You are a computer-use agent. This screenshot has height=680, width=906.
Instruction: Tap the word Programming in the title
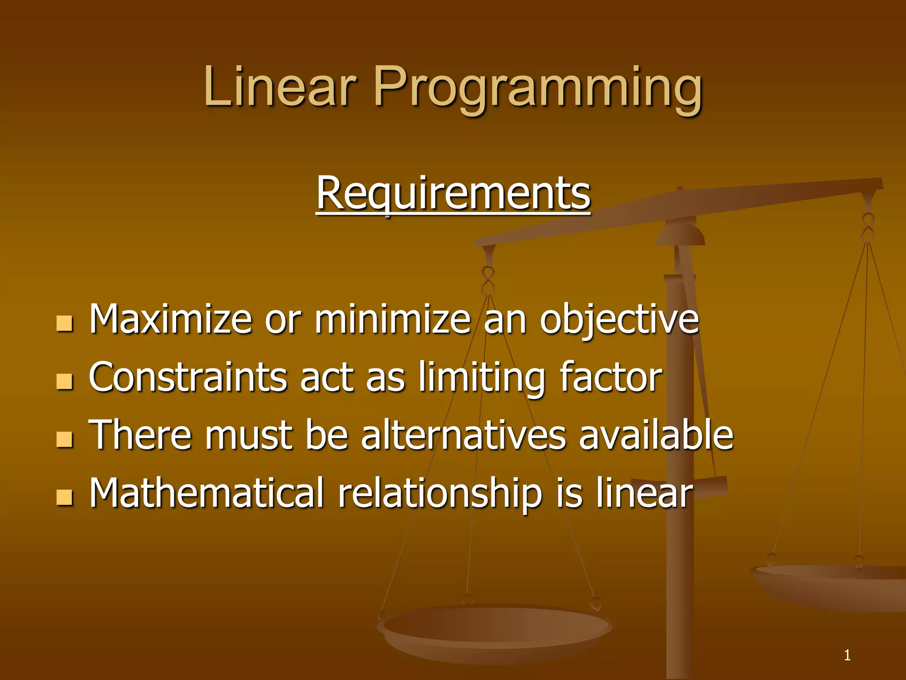tap(538, 89)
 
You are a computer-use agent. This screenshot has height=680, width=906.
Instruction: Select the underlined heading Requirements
tap(453, 194)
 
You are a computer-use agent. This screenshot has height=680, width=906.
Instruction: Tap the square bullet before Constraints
tap(65, 382)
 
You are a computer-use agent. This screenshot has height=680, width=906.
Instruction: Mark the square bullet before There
tap(65, 440)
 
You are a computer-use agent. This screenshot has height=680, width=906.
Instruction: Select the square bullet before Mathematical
tap(65, 497)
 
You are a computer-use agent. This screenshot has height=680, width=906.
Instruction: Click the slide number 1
tap(847, 655)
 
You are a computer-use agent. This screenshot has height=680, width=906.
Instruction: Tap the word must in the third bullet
tap(248, 436)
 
